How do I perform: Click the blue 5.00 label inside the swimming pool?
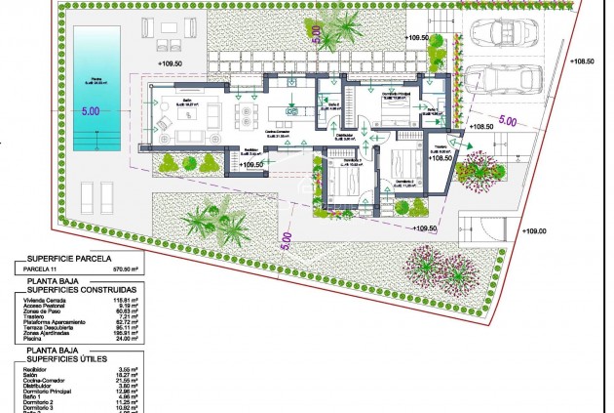pos(91,112)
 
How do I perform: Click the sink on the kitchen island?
pos(293,108)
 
